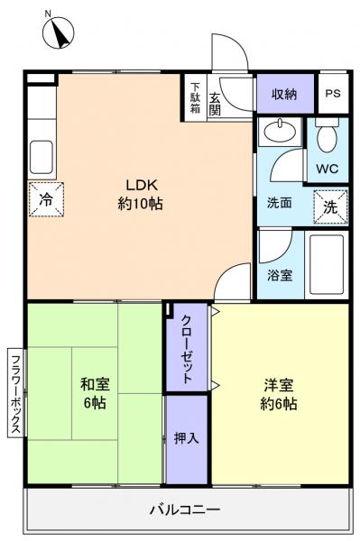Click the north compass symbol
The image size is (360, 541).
[x=58, y=33]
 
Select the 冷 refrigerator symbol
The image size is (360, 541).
[x=45, y=200]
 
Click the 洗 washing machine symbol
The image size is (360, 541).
[x=330, y=206]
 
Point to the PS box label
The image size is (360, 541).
[x=333, y=93]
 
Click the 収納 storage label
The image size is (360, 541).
[x=285, y=93]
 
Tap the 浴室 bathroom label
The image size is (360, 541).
[x=280, y=276]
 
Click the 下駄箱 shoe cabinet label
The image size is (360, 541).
[x=195, y=97]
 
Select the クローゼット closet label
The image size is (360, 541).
[x=187, y=351]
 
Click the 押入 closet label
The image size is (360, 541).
[x=186, y=437]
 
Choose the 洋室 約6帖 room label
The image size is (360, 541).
[x=277, y=393]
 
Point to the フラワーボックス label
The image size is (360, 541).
[x=14, y=393]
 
